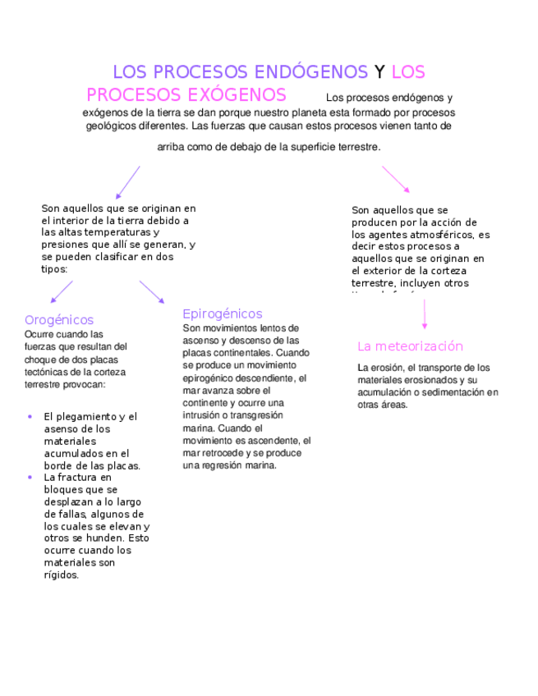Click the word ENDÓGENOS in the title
tap(312, 72)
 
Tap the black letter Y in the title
tap(379, 72)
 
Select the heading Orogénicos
tap(59, 320)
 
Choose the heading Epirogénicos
tap(222, 314)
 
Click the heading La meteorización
tap(410, 346)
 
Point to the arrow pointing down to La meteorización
tap(425, 315)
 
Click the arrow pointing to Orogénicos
tap(62, 292)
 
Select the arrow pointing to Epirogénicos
tap(151, 292)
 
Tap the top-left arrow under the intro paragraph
tap(127, 182)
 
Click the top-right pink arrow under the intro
tap(395, 179)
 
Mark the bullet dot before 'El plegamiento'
tap(30, 417)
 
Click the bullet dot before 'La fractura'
tap(30, 477)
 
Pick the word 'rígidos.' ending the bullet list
tap(62, 575)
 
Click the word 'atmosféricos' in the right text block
tap(441, 235)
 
